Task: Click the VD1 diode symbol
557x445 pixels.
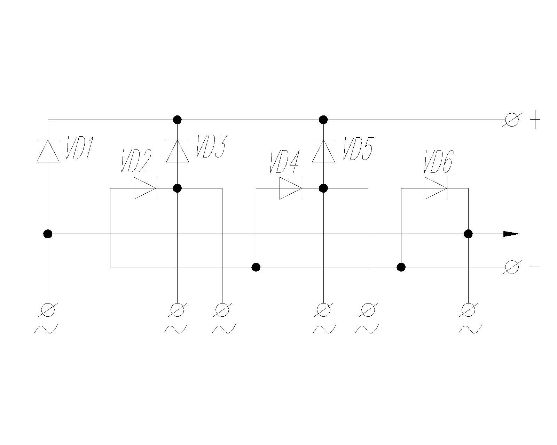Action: [48, 151]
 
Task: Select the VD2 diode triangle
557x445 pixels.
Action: [144, 188]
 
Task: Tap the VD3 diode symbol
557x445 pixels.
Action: [178, 151]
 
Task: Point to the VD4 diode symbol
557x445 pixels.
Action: [290, 188]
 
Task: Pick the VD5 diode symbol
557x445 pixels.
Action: [323, 151]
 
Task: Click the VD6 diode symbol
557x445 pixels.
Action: [436, 188]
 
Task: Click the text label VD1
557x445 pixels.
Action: [80, 148]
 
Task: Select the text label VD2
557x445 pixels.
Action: [136, 161]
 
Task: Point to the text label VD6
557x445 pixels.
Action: [438, 161]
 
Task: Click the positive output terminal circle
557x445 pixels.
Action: [512, 120]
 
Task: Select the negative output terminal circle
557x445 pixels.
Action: [512, 267]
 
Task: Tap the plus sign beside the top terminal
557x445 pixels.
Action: [535, 120]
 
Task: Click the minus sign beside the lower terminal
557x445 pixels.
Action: [535, 267]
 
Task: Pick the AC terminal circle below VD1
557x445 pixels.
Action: [48, 309]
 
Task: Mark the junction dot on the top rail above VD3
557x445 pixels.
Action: [178, 120]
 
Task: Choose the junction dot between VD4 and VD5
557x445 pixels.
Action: [323, 188]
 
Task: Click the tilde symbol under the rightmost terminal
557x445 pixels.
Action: [470, 329]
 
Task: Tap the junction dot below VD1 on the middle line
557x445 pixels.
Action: [48, 234]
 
